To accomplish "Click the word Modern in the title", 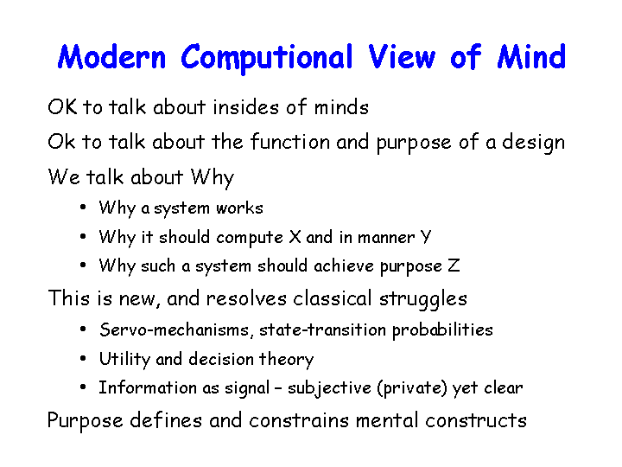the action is (x=111, y=57).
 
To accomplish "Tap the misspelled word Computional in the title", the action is (x=267, y=59).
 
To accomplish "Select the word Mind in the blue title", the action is (x=531, y=57).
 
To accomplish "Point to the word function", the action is (x=290, y=141).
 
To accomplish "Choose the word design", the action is (x=534, y=143).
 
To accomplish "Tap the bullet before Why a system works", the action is (x=83, y=207).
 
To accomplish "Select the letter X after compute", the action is (x=295, y=237).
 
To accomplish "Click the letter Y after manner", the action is (x=425, y=237).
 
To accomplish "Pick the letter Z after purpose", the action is (x=454, y=265).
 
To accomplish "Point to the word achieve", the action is (x=344, y=265).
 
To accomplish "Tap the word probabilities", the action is (x=442, y=330).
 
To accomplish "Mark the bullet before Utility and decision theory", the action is (x=83, y=359).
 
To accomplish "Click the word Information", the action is (x=148, y=387).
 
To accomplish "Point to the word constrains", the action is (x=299, y=420).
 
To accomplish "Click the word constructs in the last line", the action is (x=476, y=420).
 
